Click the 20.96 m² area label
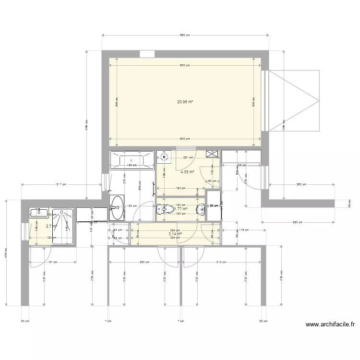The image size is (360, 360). coord(185,102)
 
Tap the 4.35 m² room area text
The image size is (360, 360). coord(187,171)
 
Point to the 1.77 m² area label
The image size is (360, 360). coord(180,209)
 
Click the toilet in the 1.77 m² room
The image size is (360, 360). coord(165,209)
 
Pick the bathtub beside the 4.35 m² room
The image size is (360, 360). coord(132,159)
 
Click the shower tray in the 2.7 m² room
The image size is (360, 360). coord(62,226)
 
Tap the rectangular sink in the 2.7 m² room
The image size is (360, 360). coord(38,212)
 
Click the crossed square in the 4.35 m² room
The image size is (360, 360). coord(212,154)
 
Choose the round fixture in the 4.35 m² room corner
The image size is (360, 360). coord(164,156)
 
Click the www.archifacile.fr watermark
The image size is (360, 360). coord(330,324)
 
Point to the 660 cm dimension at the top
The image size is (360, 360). coord(185,35)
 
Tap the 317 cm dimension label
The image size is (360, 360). coord(61,184)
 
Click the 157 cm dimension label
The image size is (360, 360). coord(53,263)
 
